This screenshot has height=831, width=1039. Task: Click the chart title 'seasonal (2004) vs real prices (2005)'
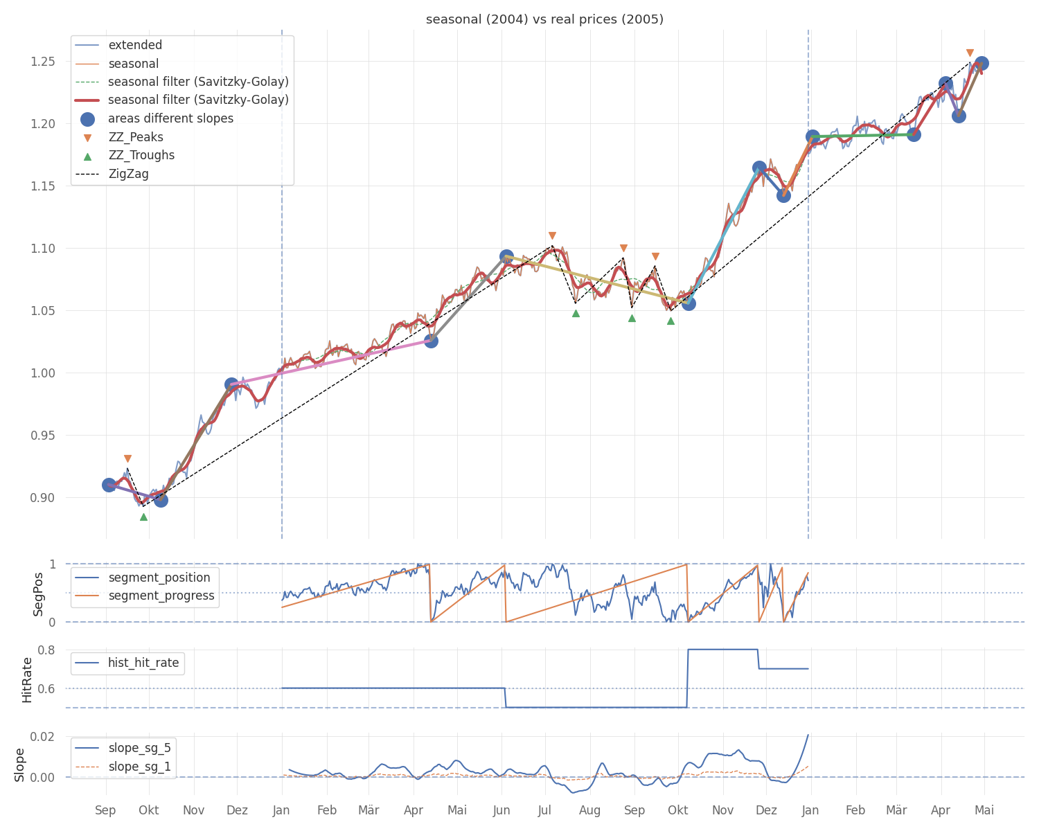click(x=544, y=19)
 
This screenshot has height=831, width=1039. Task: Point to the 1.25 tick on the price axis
click(x=42, y=62)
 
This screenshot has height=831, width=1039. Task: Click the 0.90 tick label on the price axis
click(x=42, y=497)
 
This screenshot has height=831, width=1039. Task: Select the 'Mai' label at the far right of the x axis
click(x=984, y=810)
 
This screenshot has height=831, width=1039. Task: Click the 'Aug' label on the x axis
click(x=589, y=810)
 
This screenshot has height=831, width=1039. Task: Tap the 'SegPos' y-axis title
click(x=37, y=594)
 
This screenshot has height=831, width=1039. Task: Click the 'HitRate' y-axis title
click(x=27, y=679)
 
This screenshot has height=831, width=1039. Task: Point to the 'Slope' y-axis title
click(x=19, y=765)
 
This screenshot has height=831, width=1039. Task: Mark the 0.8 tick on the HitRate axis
click(x=46, y=650)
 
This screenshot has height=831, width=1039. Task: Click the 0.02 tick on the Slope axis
click(x=42, y=736)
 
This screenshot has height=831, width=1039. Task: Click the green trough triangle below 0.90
click(x=143, y=517)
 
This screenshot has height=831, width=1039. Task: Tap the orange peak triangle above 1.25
click(x=970, y=53)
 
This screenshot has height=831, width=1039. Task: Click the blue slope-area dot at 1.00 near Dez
click(x=231, y=384)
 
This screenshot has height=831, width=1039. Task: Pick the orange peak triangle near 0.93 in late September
click(x=127, y=458)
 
